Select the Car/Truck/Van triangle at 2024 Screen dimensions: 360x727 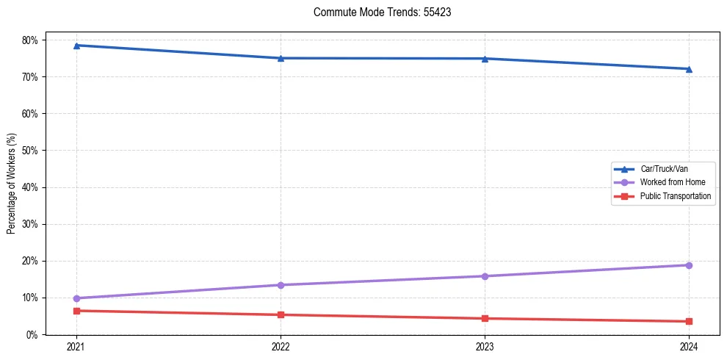click(x=689, y=69)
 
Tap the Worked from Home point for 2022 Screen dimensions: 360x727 click(x=281, y=285)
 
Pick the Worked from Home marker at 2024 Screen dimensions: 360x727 click(x=689, y=265)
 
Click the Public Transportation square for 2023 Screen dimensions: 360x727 click(x=485, y=318)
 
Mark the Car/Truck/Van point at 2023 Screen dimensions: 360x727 click(x=485, y=59)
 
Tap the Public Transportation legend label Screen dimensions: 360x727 click(x=675, y=196)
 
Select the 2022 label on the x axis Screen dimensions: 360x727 click(x=281, y=346)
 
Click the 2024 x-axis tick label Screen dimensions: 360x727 click(x=689, y=346)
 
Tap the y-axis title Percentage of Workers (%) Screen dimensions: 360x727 click(x=12, y=184)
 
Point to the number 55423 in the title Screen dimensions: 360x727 click(x=437, y=12)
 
